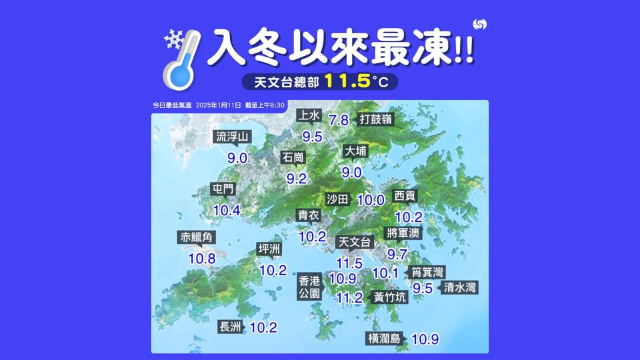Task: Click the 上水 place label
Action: (310, 116)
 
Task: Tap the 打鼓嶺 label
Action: (375, 119)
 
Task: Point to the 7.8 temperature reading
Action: (339, 120)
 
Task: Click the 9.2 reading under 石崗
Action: (296, 179)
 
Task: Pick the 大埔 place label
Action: (355, 151)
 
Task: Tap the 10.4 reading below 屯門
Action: (227, 210)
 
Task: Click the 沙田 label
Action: (338, 199)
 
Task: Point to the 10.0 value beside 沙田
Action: (371, 199)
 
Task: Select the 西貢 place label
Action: (405, 196)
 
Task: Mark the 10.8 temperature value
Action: (201, 258)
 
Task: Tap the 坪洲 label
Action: (269, 249)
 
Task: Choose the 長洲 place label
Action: (230, 327)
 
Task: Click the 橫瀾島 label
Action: (385, 339)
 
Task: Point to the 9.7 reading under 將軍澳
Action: (397, 254)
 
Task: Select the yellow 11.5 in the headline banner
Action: (347, 81)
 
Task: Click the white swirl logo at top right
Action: (479, 24)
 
